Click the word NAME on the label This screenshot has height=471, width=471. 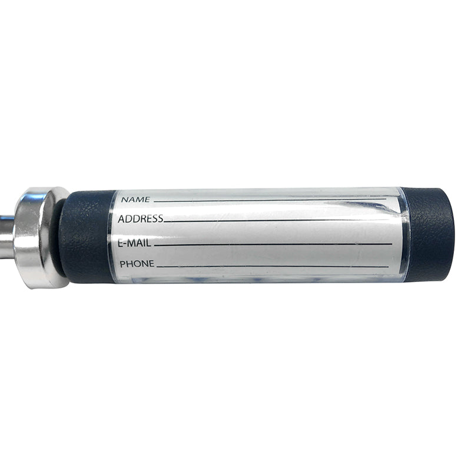tap(135, 200)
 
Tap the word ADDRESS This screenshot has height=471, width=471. tap(141, 218)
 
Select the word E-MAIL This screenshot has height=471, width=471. tap(134, 243)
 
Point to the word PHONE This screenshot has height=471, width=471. tap(137, 264)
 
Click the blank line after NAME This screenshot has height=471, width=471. tap(270, 200)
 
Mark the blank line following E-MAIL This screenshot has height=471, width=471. tap(273, 245)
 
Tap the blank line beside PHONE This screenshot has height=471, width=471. tap(273, 267)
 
